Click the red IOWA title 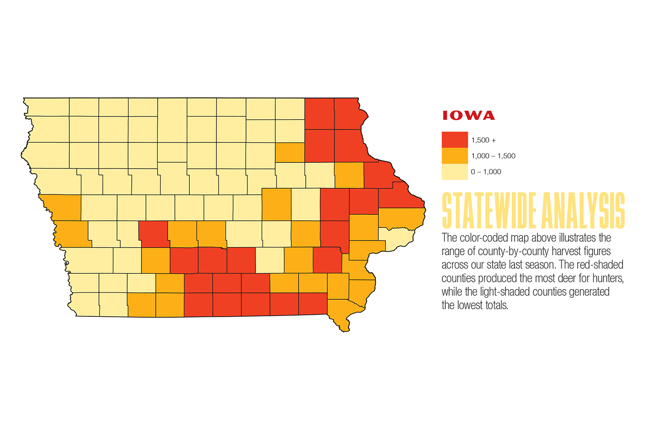pyautogui.click(x=468, y=116)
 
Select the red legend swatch pyautogui.click(x=454, y=140)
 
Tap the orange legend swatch pyautogui.click(x=454, y=156)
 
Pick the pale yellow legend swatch pyautogui.click(x=454, y=172)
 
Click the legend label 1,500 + pyautogui.click(x=484, y=140)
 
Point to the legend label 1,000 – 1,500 pyautogui.click(x=493, y=156)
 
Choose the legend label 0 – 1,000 pyautogui.click(x=486, y=172)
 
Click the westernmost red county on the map pyautogui.click(x=153, y=234)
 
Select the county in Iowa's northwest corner pyautogui.click(x=47, y=107)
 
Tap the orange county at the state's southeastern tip pyautogui.click(x=341, y=313)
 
